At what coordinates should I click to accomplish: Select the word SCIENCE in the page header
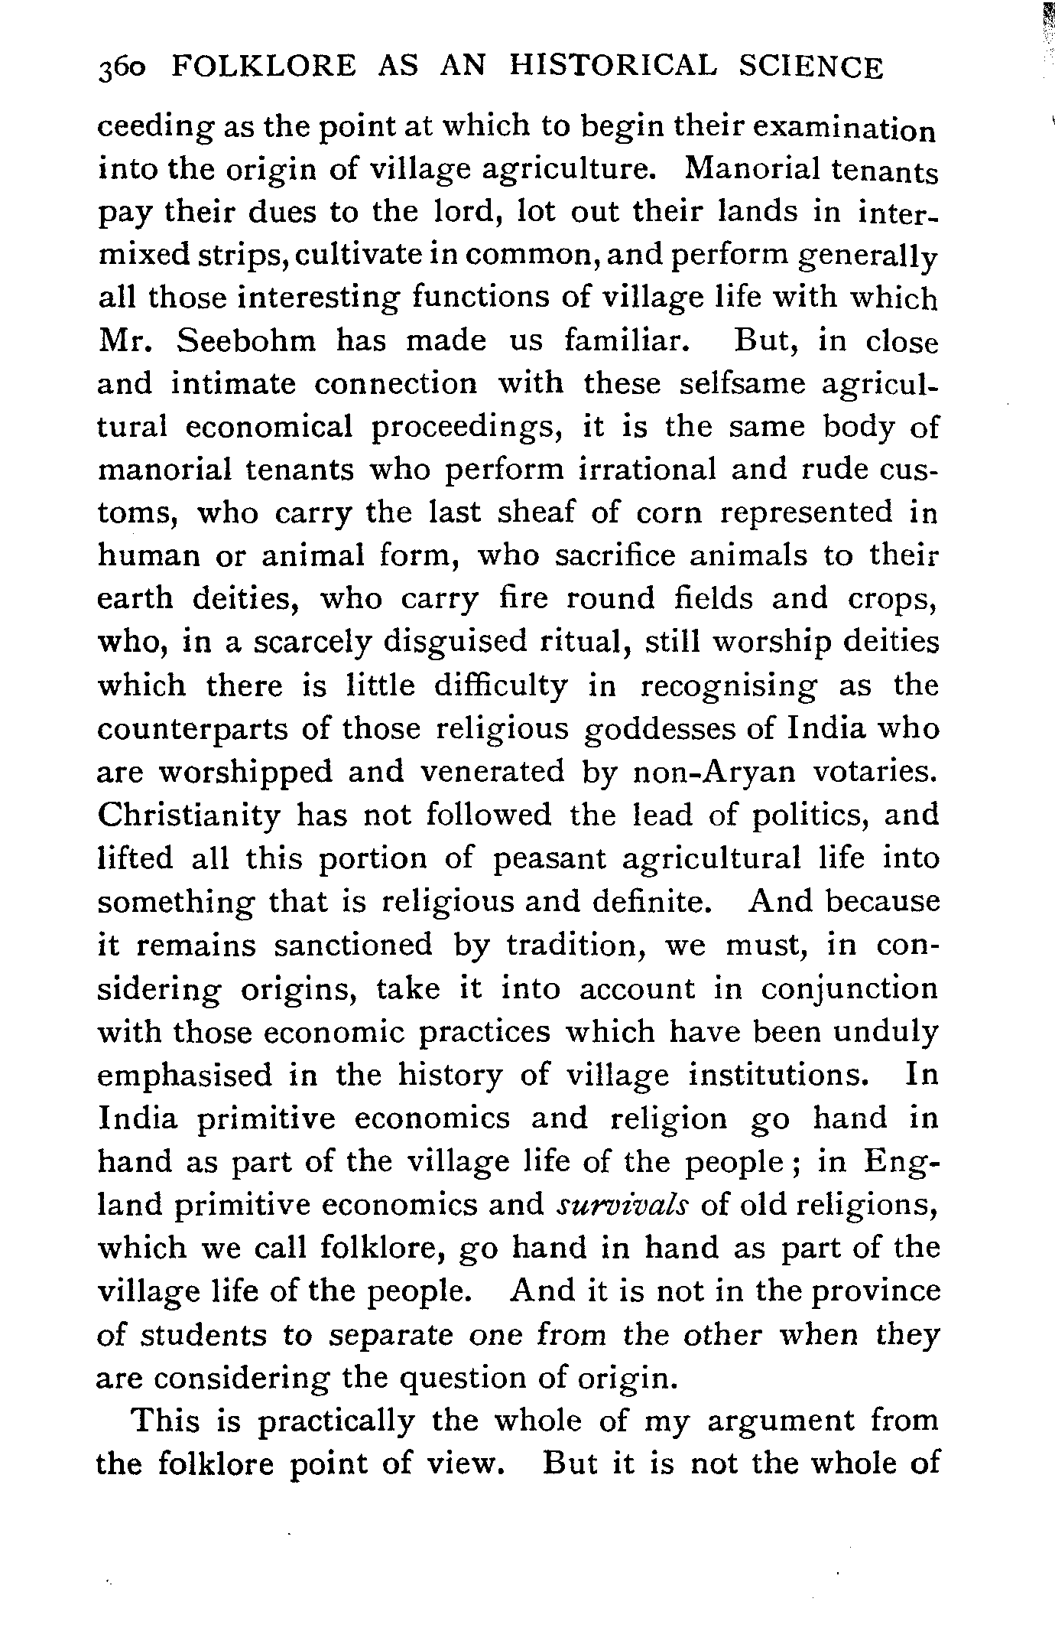(x=811, y=68)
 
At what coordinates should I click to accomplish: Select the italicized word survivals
(x=624, y=1205)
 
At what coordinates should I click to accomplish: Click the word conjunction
(x=849, y=990)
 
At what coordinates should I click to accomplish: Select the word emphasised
(x=185, y=1076)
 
